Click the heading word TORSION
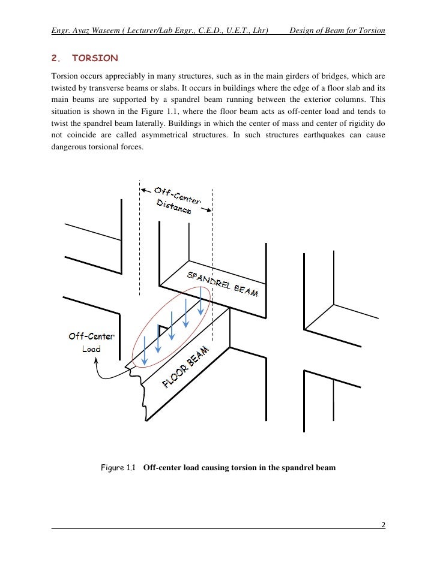click(x=95, y=59)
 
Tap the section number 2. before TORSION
click(x=56, y=59)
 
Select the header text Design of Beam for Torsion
click(x=337, y=31)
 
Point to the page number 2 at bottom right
click(x=383, y=525)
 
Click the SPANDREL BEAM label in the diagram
click(x=223, y=284)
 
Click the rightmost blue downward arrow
click(x=200, y=299)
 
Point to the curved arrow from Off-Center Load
click(x=108, y=372)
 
